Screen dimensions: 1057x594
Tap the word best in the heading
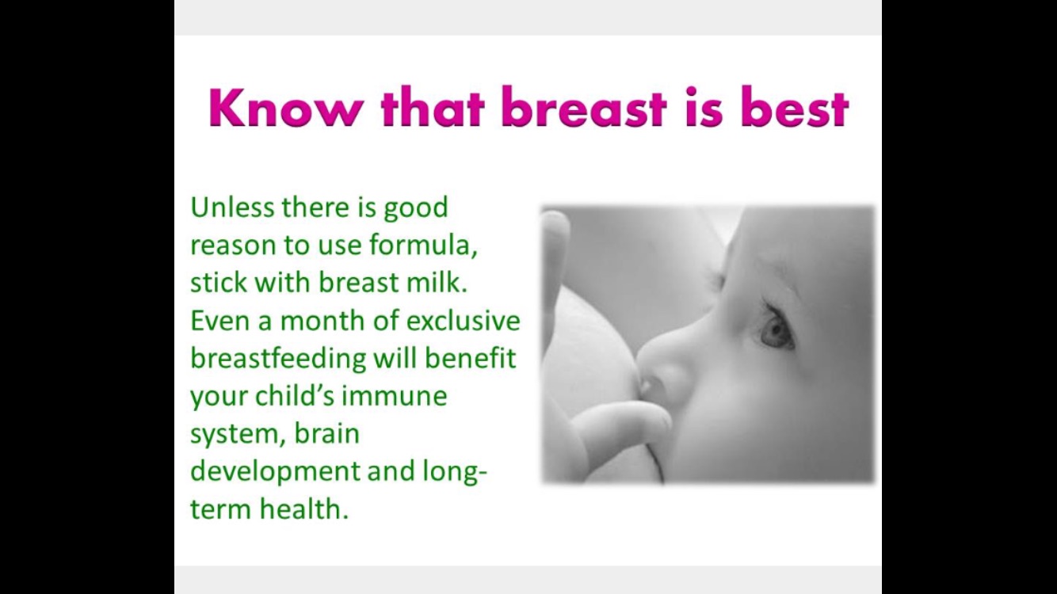tap(795, 107)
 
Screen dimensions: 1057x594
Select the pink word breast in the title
tap(584, 107)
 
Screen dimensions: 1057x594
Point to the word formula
tap(423, 245)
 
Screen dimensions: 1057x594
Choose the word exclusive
tap(463, 320)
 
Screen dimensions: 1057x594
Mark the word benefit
tap(470, 358)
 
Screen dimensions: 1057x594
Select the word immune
tap(394, 396)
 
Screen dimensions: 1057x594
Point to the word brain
tap(326, 433)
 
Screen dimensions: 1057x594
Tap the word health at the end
tap(304, 509)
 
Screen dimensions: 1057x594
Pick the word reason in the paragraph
tap(233, 246)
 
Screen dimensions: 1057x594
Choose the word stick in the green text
tap(219, 282)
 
